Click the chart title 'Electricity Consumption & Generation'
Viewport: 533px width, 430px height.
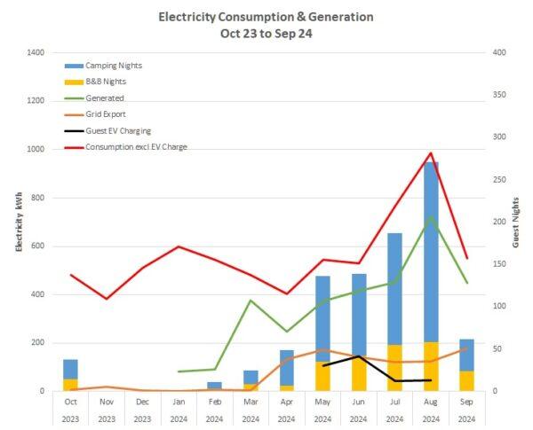[x=266, y=17]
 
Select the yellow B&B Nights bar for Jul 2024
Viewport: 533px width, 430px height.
[x=394, y=367]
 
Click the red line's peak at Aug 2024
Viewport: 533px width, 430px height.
[x=431, y=153]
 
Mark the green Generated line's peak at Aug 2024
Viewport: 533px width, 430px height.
[x=431, y=216]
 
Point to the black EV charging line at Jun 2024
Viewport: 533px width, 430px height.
[x=358, y=356]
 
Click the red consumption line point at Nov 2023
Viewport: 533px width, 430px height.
[x=107, y=299]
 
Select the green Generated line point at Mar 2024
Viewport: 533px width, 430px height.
[x=251, y=301]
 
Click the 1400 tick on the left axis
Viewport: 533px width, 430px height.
[x=35, y=53]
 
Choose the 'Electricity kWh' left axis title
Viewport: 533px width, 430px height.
[x=18, y=222]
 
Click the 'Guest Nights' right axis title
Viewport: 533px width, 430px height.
[x=516, y=222]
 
